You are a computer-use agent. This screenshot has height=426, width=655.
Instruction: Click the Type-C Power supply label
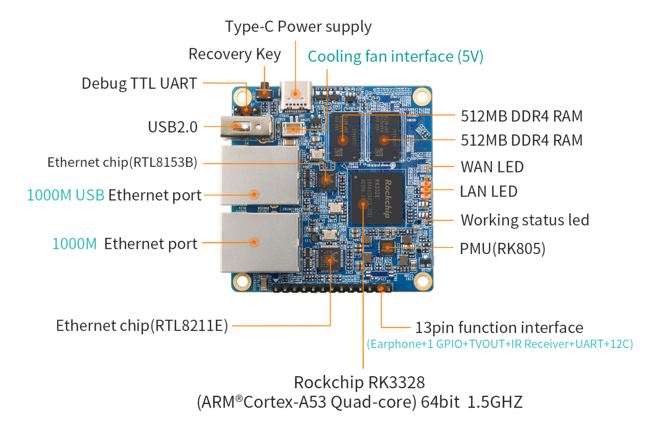click(298, 27)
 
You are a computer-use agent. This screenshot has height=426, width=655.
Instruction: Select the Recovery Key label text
click(235, 54)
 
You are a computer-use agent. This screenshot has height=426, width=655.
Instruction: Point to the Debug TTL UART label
click(139, 84)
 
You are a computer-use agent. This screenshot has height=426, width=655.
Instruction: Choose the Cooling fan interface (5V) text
click(395, 56)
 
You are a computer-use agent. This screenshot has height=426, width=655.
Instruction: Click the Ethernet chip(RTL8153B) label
click(122, 163)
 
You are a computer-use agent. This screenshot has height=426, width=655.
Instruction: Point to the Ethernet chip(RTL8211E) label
click(142, 325)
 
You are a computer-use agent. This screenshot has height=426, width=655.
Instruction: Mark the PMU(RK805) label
click(503, 249)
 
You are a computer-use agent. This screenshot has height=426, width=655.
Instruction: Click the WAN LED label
click(492, 167)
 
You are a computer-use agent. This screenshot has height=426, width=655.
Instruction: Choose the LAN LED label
click(488, 192)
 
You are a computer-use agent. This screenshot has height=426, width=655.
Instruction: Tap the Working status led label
click(525, 220)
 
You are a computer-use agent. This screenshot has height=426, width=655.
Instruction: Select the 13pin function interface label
click(499, 328)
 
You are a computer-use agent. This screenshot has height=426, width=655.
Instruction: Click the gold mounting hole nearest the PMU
click(422, 280)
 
